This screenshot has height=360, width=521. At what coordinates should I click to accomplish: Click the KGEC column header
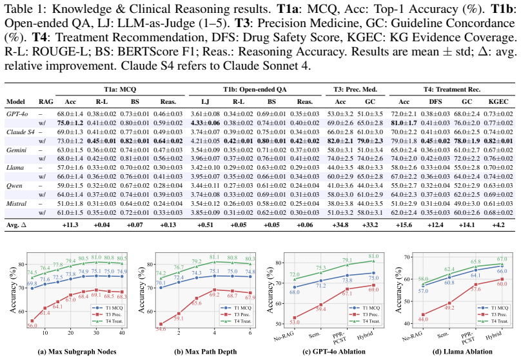(498, 102)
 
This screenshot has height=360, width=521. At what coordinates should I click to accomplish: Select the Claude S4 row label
(21, 132)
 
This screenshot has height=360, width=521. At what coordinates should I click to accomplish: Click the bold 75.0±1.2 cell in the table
(70, 123)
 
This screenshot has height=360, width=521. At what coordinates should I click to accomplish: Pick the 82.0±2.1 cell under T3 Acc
(340, 141)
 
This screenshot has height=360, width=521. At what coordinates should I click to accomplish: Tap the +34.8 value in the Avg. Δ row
(340, 225)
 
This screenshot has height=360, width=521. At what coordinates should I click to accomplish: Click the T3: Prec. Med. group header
(355, 90)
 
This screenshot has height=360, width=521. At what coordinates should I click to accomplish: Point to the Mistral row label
(16, 203)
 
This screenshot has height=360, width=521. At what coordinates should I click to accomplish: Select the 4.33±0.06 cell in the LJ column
(205, 123)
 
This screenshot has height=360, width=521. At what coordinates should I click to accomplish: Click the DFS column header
(435, 102)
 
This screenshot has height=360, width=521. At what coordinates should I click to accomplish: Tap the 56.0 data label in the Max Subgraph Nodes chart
(32, 325)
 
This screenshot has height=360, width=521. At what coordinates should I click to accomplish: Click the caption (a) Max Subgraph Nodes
(77, 352)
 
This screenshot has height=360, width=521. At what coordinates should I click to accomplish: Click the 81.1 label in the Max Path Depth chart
(215, 257)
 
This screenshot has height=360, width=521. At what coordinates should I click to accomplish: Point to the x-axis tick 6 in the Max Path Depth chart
(250, 333)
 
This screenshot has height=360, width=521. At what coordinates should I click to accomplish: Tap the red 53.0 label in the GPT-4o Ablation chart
(295, 322)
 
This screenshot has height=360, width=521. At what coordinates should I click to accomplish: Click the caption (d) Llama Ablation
(464, 352)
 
